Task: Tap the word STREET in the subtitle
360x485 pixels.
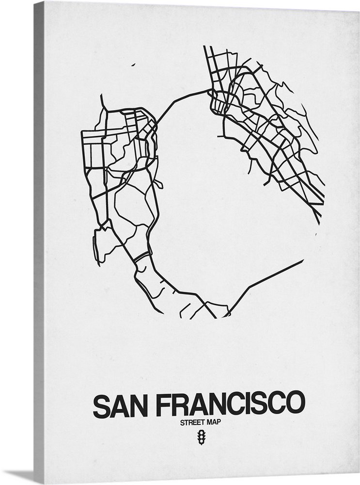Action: pyautogui.click(x=191, y=422)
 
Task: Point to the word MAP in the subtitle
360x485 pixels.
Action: pyautogui.click(x=214, y=422)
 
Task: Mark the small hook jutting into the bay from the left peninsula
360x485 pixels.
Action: pyautogui.click(x=159, y=185)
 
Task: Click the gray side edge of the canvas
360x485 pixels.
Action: pyautogui.click(x=39, y=242)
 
